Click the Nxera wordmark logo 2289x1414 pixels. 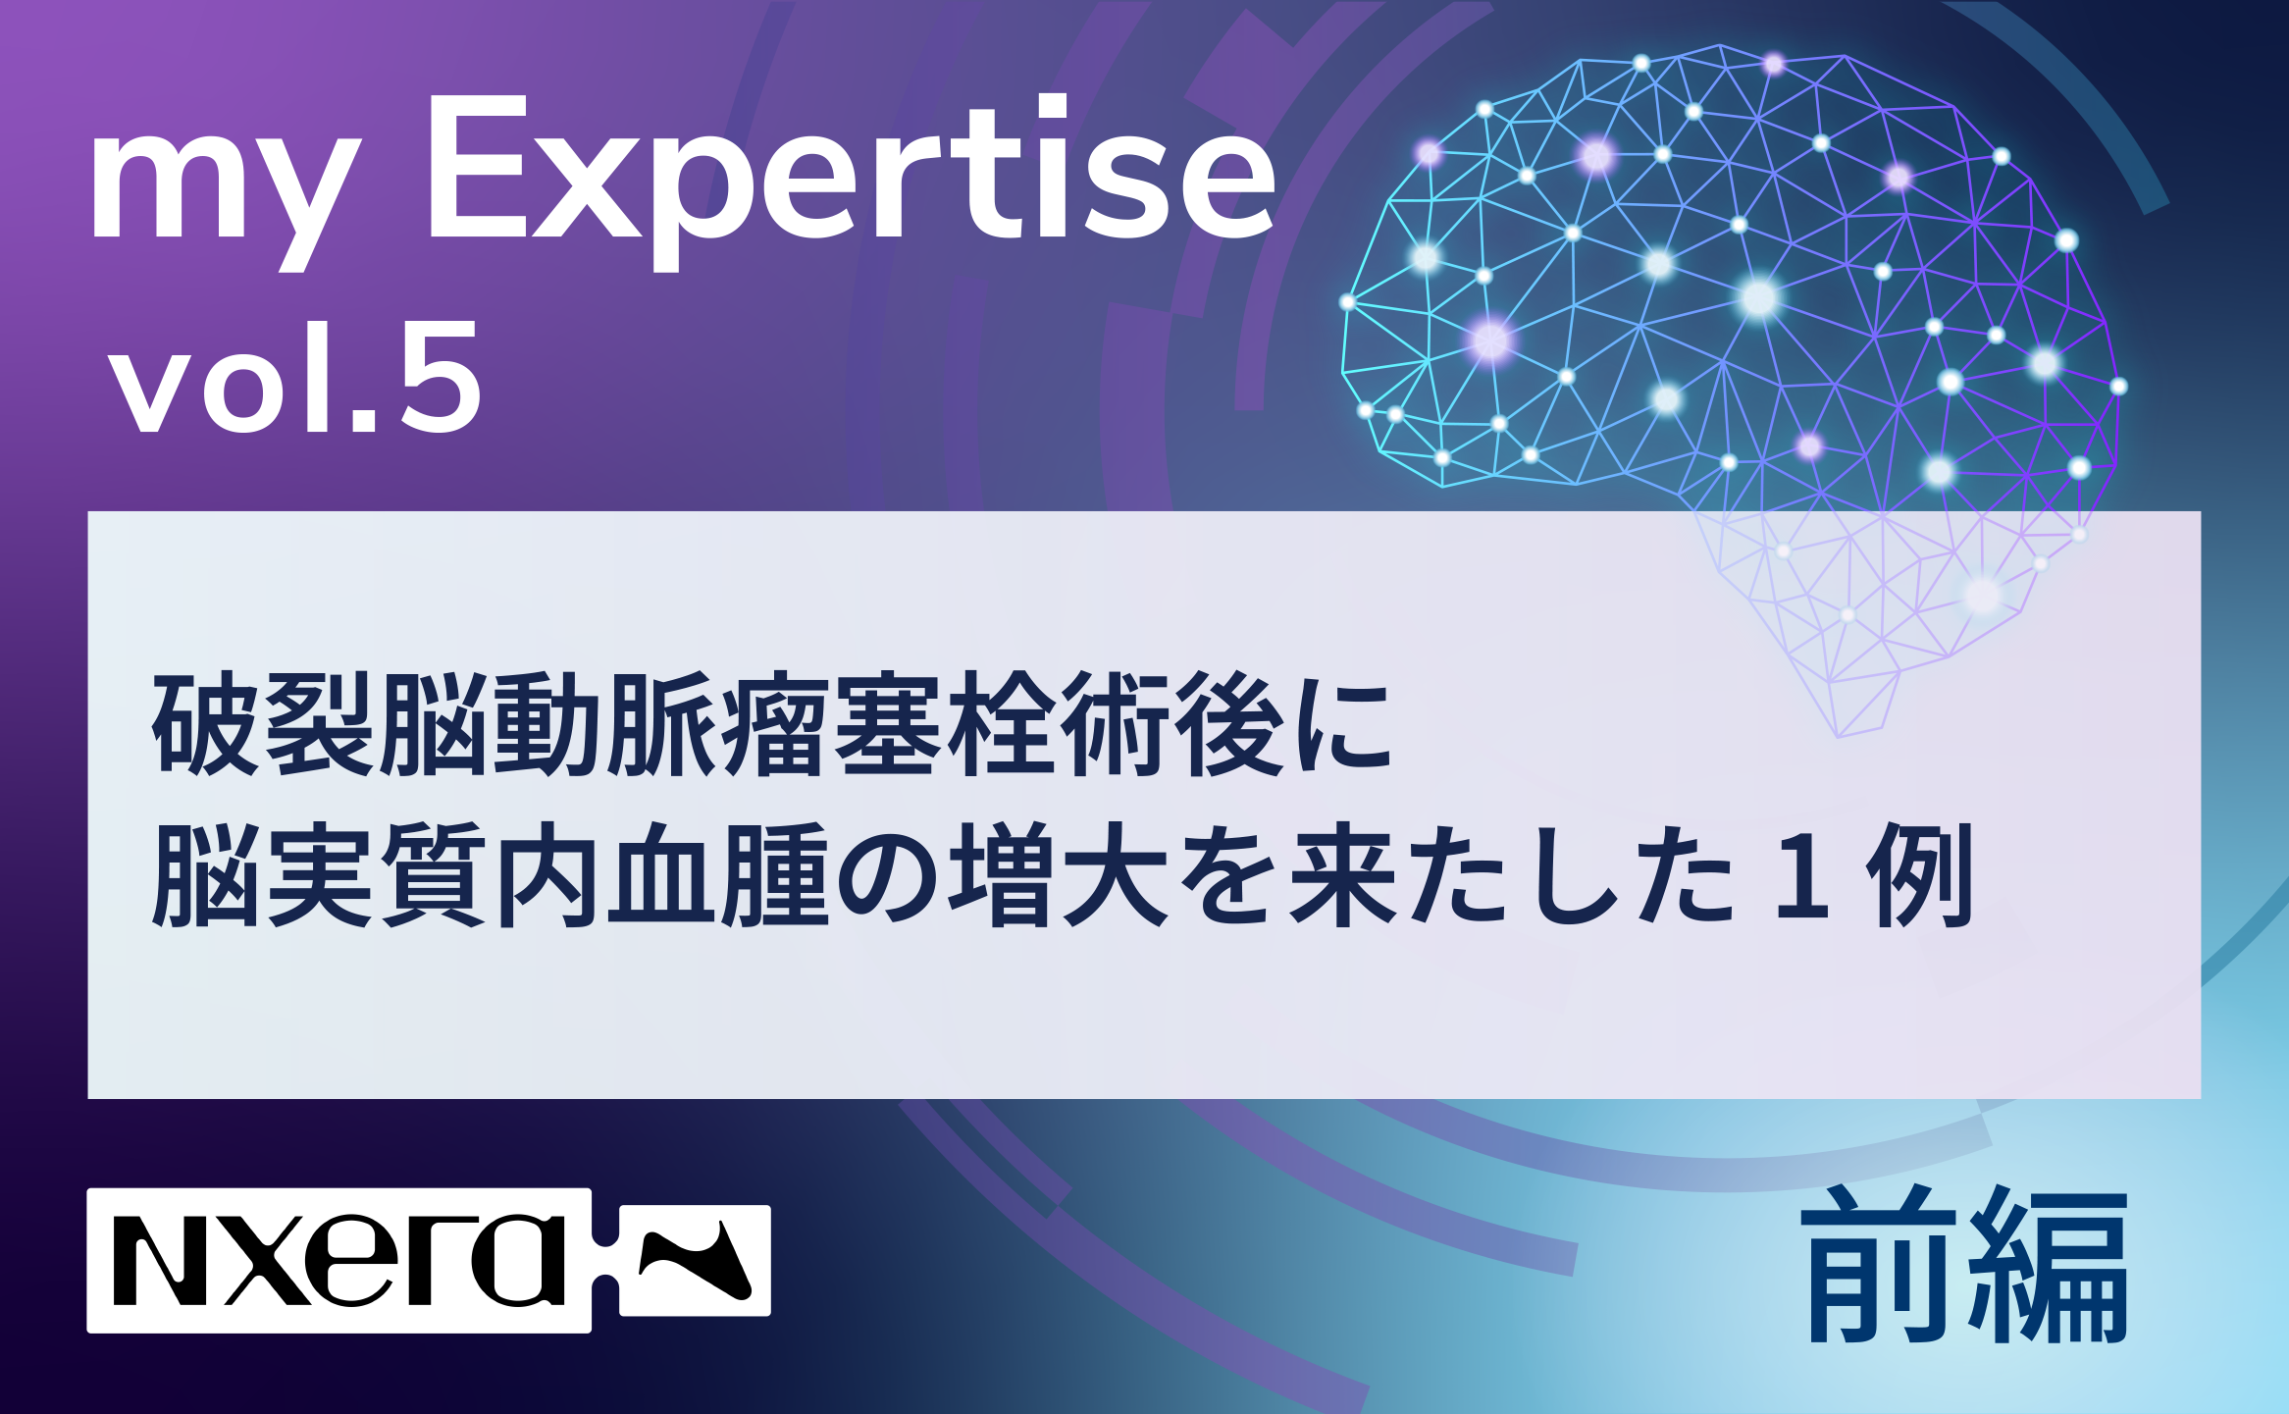(x=338, y=1260)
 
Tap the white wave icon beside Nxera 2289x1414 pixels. (x=695, y=1260)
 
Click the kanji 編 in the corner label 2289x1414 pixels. (x=2045, y=1265)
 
